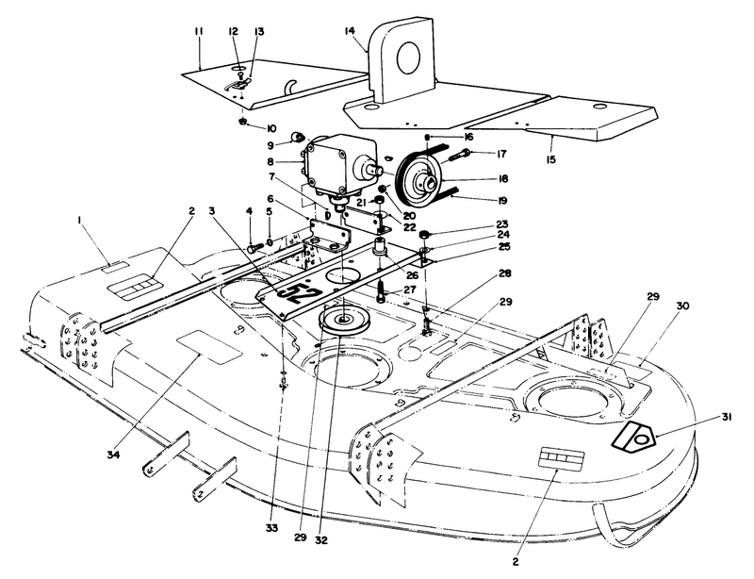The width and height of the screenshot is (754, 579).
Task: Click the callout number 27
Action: coord(410,289)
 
